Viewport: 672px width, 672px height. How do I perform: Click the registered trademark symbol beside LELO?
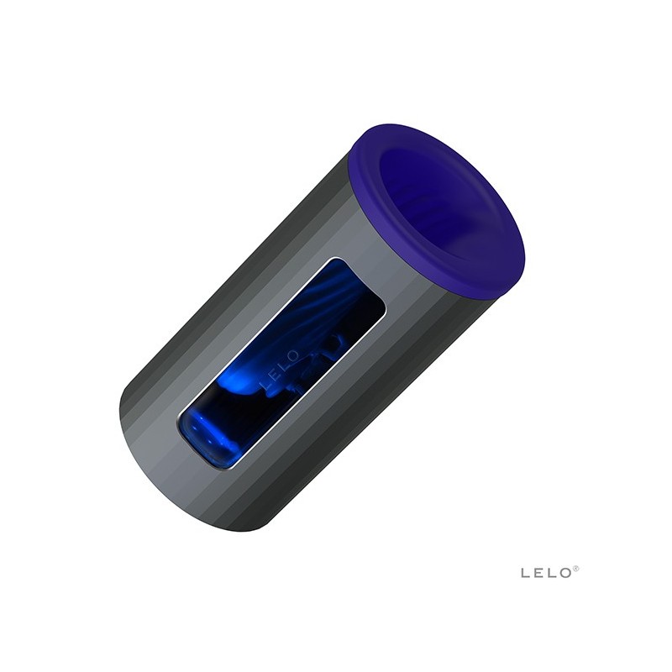click(x=576, y=569)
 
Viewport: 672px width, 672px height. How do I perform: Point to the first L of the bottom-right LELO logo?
click(x=526, y=573)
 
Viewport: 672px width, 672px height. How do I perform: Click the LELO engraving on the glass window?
click(x=281, y=370)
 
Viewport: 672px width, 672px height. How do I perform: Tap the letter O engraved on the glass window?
click(x=293, y=356)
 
